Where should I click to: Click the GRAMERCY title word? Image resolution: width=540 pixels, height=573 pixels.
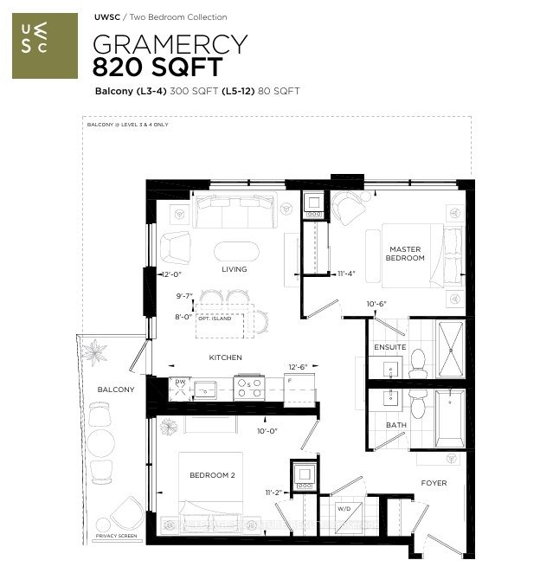point(170,44)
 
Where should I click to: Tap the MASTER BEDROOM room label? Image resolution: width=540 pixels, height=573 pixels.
point(405,254)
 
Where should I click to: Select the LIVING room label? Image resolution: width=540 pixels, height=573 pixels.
point(234,269)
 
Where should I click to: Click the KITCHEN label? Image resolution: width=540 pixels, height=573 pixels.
point(225,357)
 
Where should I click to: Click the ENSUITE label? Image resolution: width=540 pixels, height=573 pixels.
point(389,347)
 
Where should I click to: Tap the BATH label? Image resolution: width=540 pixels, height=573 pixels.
point(395,425)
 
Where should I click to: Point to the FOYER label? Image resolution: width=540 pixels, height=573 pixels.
point(434,483)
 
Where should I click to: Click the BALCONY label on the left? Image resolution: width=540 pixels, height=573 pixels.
point(117,390)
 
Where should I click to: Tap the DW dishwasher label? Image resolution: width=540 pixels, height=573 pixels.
point(180,381)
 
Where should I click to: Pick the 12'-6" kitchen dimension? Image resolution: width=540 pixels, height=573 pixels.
point(298,367)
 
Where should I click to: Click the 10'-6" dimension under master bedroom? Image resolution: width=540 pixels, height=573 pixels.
point(376,303)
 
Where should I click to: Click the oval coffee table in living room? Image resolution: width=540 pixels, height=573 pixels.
point(235,252)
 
